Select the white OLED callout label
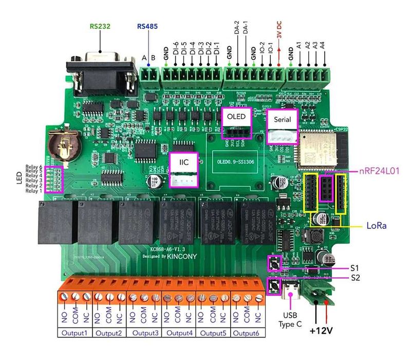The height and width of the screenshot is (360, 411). point(236,117)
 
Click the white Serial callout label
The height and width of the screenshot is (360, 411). point(282,119)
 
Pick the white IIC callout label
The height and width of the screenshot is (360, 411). point(183,163)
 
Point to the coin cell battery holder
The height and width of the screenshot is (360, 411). point(63,146)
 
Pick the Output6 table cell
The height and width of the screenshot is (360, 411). point(249,333)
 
